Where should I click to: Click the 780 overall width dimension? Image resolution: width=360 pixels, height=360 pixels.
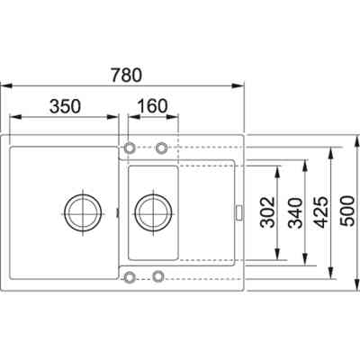[x=126, y=75]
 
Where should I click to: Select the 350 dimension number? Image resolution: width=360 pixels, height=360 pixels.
[x=65, y=106]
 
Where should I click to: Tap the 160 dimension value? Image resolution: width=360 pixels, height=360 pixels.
[x=152, y=106]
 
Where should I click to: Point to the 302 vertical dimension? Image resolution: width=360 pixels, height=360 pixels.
[x=267, y=211]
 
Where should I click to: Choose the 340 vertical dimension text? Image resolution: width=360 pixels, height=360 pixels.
[x=295, y=212]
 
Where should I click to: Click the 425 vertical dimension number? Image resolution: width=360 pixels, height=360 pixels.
[x=322, y=212]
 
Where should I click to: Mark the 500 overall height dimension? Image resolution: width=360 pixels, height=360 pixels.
[x=348, y=211]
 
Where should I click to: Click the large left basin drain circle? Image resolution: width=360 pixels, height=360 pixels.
[x=83, y=213]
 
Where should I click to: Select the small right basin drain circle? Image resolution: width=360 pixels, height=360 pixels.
[x=154, y=212]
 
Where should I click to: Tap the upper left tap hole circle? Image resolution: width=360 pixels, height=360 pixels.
[x=130, y=148]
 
